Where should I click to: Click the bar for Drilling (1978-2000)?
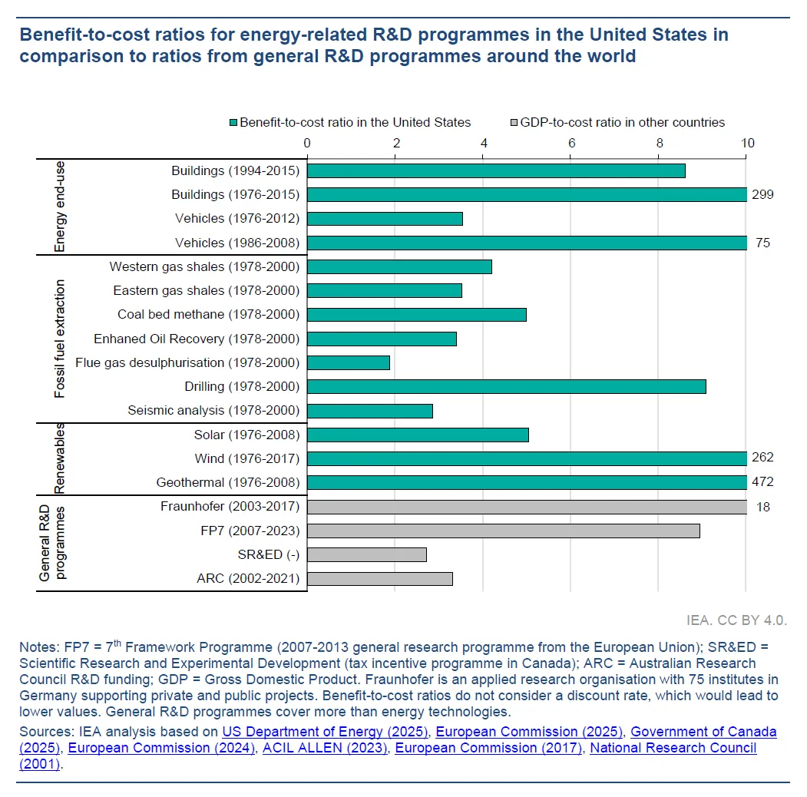click(x=507, y=386)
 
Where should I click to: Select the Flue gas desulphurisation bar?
click(x=349, y=362)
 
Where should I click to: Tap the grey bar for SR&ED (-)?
click(x=367, y=554)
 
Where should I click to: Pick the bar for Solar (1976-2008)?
click(x=418, y=435)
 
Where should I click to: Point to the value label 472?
click(x=763, y=482)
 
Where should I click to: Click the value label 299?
click(x=763, y=194)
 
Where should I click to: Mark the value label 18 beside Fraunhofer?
click(x=762, y=507)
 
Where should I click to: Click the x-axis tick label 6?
click(x=571, y=143)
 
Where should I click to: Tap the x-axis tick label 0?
click(x=307, y=143)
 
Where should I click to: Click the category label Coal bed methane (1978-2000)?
click(x=208, y=314)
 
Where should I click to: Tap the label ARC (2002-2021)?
click(x=248, y=578)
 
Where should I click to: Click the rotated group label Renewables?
click(x=60, y=458)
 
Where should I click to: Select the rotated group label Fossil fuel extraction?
click(x=60, y=339)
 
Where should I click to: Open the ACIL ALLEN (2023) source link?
click(x=324, y=748)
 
